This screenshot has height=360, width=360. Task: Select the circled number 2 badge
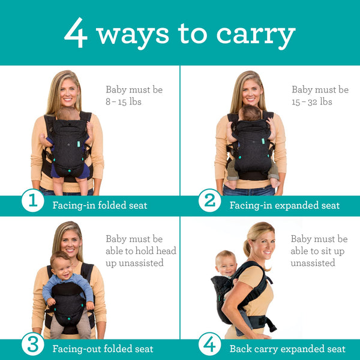click(x=209, y=201)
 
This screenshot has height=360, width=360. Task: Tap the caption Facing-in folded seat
click(x=100, y=206)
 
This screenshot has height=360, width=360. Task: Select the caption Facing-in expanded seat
click(x=284, y=206)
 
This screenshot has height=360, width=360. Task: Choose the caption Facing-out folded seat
click(x=103, y=349)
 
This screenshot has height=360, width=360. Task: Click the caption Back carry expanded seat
click(x=287, y=349)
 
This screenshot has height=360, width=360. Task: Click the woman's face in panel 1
click(x=69, y=91)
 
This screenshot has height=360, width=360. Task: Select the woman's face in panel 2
click(x=248, y=91)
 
